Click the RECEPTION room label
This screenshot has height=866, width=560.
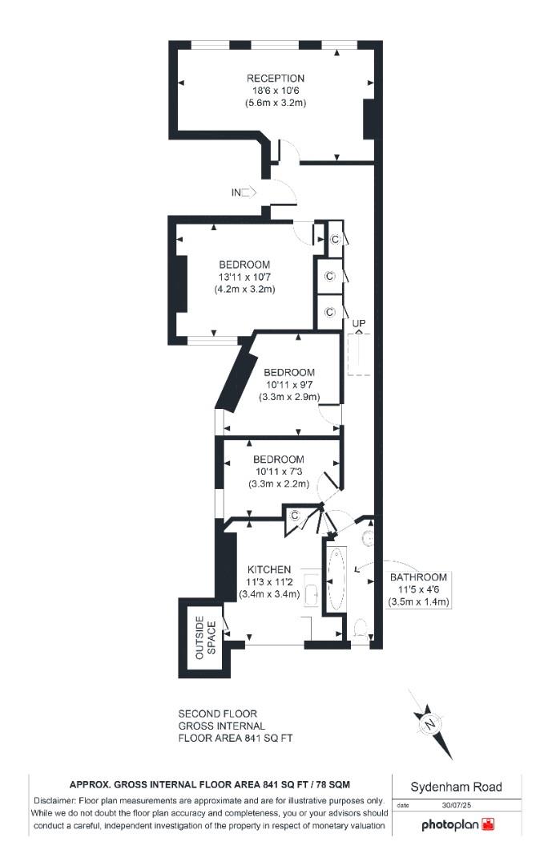coord(275,78)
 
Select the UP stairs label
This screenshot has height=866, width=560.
coord(359,322)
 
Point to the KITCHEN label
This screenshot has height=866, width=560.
coord(268,569)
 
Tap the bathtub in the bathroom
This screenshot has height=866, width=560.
coord(335,578)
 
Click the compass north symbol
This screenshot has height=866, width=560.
coord(430,724)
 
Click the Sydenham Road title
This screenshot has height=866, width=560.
coord(457,787)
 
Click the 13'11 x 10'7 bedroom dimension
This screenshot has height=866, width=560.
coord(244,277)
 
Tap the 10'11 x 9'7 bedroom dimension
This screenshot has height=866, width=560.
coord(289,385)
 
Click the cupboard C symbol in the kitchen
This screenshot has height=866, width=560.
coord(294,516)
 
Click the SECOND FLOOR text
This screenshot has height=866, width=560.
coord(217,714)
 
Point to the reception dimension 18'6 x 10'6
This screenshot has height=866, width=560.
coord(275,91)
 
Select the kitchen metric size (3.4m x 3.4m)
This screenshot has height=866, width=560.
coord(269,594)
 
